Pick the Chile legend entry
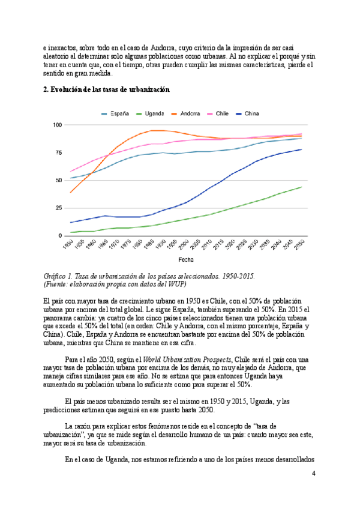click(x=227, y=113)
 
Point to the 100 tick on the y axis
click(x=58, y=125)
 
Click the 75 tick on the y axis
click(x=59, y=152)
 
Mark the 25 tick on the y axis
click(x=59, y=208)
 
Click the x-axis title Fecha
click(x=185, y=260)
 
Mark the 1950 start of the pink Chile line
click(x=71, y=172)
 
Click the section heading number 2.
click(x=46, y=89)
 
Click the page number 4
click(x=313, y=474)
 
